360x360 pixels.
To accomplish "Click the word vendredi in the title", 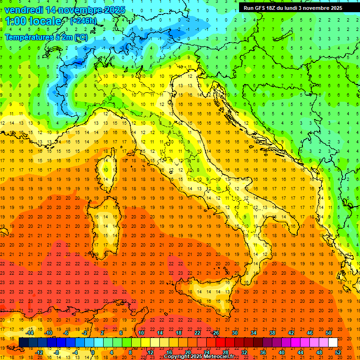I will (23, 10).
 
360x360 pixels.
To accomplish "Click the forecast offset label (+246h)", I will (83, 21).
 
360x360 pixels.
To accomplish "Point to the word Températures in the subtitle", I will (28, 37).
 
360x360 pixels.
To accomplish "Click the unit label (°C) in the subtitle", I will (80, 37).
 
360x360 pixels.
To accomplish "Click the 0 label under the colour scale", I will (92, 352).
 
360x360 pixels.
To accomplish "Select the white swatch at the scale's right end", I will (333, 343).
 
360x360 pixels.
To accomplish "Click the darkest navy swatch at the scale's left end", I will (23, 343).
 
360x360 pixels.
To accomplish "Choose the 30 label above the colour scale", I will (235, 332).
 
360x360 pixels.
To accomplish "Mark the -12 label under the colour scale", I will (39, 352).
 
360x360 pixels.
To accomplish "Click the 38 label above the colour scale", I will (272, 332).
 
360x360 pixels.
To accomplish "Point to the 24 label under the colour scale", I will (206, 352).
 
